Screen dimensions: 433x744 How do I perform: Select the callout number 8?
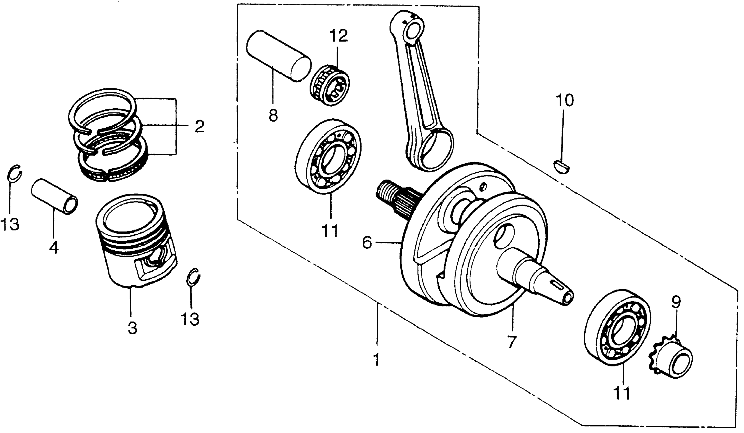(x=273, y=115)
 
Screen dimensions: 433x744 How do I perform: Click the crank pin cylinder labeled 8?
(x=278, y=55)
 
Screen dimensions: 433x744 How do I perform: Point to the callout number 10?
(x=565, y=101)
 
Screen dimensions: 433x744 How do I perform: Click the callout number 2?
(x=199, y=126)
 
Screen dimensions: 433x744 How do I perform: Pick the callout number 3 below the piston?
(x=133, y=328)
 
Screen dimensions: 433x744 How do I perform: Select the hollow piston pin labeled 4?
(x=55, y=196)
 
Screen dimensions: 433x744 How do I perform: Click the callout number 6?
(x=367, y=243)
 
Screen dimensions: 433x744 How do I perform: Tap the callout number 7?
(x=511, y=342)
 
